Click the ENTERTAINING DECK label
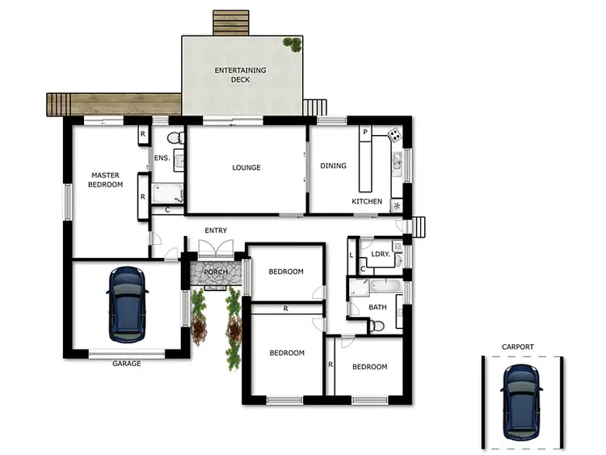240,75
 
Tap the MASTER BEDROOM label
106,179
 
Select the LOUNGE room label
246,167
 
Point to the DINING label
333,166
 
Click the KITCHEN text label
367,201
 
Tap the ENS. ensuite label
162,158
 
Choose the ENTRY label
216,230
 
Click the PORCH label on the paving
216,272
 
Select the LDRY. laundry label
381,255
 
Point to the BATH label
377,307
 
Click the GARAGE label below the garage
126,364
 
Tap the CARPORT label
517,347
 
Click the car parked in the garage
128,303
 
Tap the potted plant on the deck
291,44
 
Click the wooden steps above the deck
231,23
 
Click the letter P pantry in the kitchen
365,132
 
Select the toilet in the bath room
377,325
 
